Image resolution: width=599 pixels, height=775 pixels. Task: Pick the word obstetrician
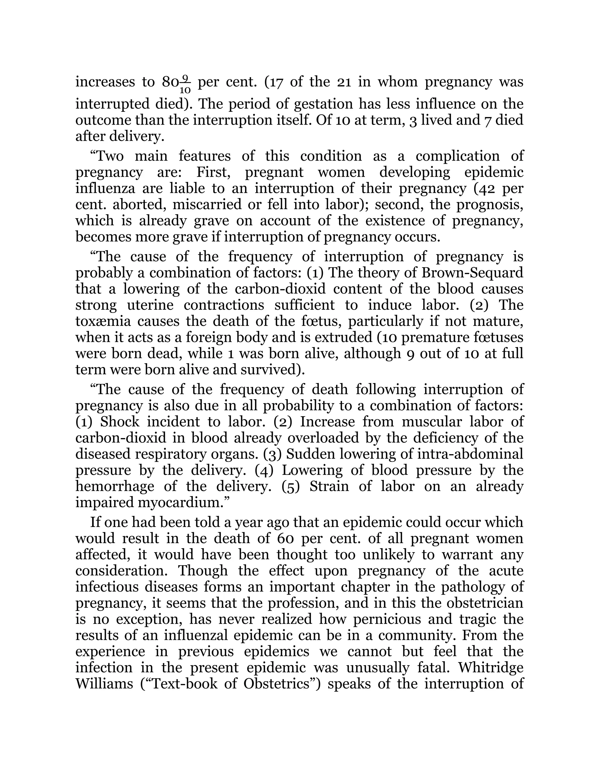click(x=485, y=603)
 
